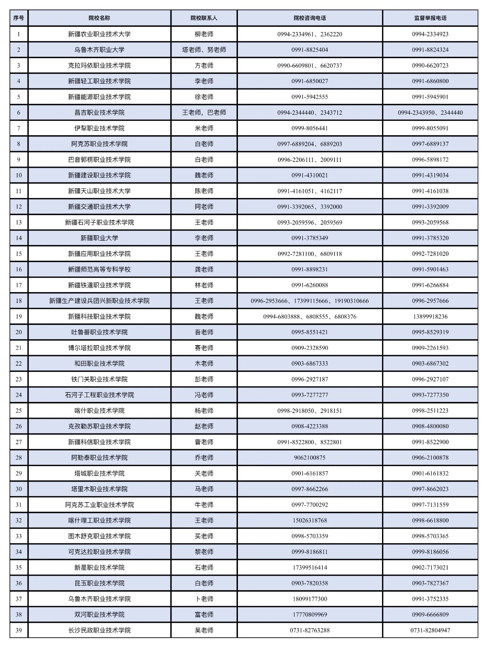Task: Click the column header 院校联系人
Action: coord(204,18)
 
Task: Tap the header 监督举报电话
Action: coord(430,18)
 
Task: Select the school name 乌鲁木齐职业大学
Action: coord(99,50)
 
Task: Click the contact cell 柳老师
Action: coord(204,34)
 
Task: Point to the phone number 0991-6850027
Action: coord(310,81)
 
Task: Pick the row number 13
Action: coord(19,222)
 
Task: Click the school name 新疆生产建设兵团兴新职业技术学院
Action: coord(99,301)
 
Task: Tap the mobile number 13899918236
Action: coord(430,317)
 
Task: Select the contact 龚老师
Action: coord(204,269)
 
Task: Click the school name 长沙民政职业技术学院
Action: coord(99,630)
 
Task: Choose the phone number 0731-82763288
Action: coord(310,630)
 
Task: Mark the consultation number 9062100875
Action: coord(310,458)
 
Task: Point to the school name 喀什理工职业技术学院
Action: coord(99,520)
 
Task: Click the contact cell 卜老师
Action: coord(204,599)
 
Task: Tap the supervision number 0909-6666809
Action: coord(430,615)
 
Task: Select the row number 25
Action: coord(19,411)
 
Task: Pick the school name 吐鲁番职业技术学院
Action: coord(99,332)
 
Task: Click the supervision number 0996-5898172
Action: coord(430,160)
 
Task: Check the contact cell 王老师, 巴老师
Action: coord(204,112)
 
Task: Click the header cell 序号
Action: coord(19,18)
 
